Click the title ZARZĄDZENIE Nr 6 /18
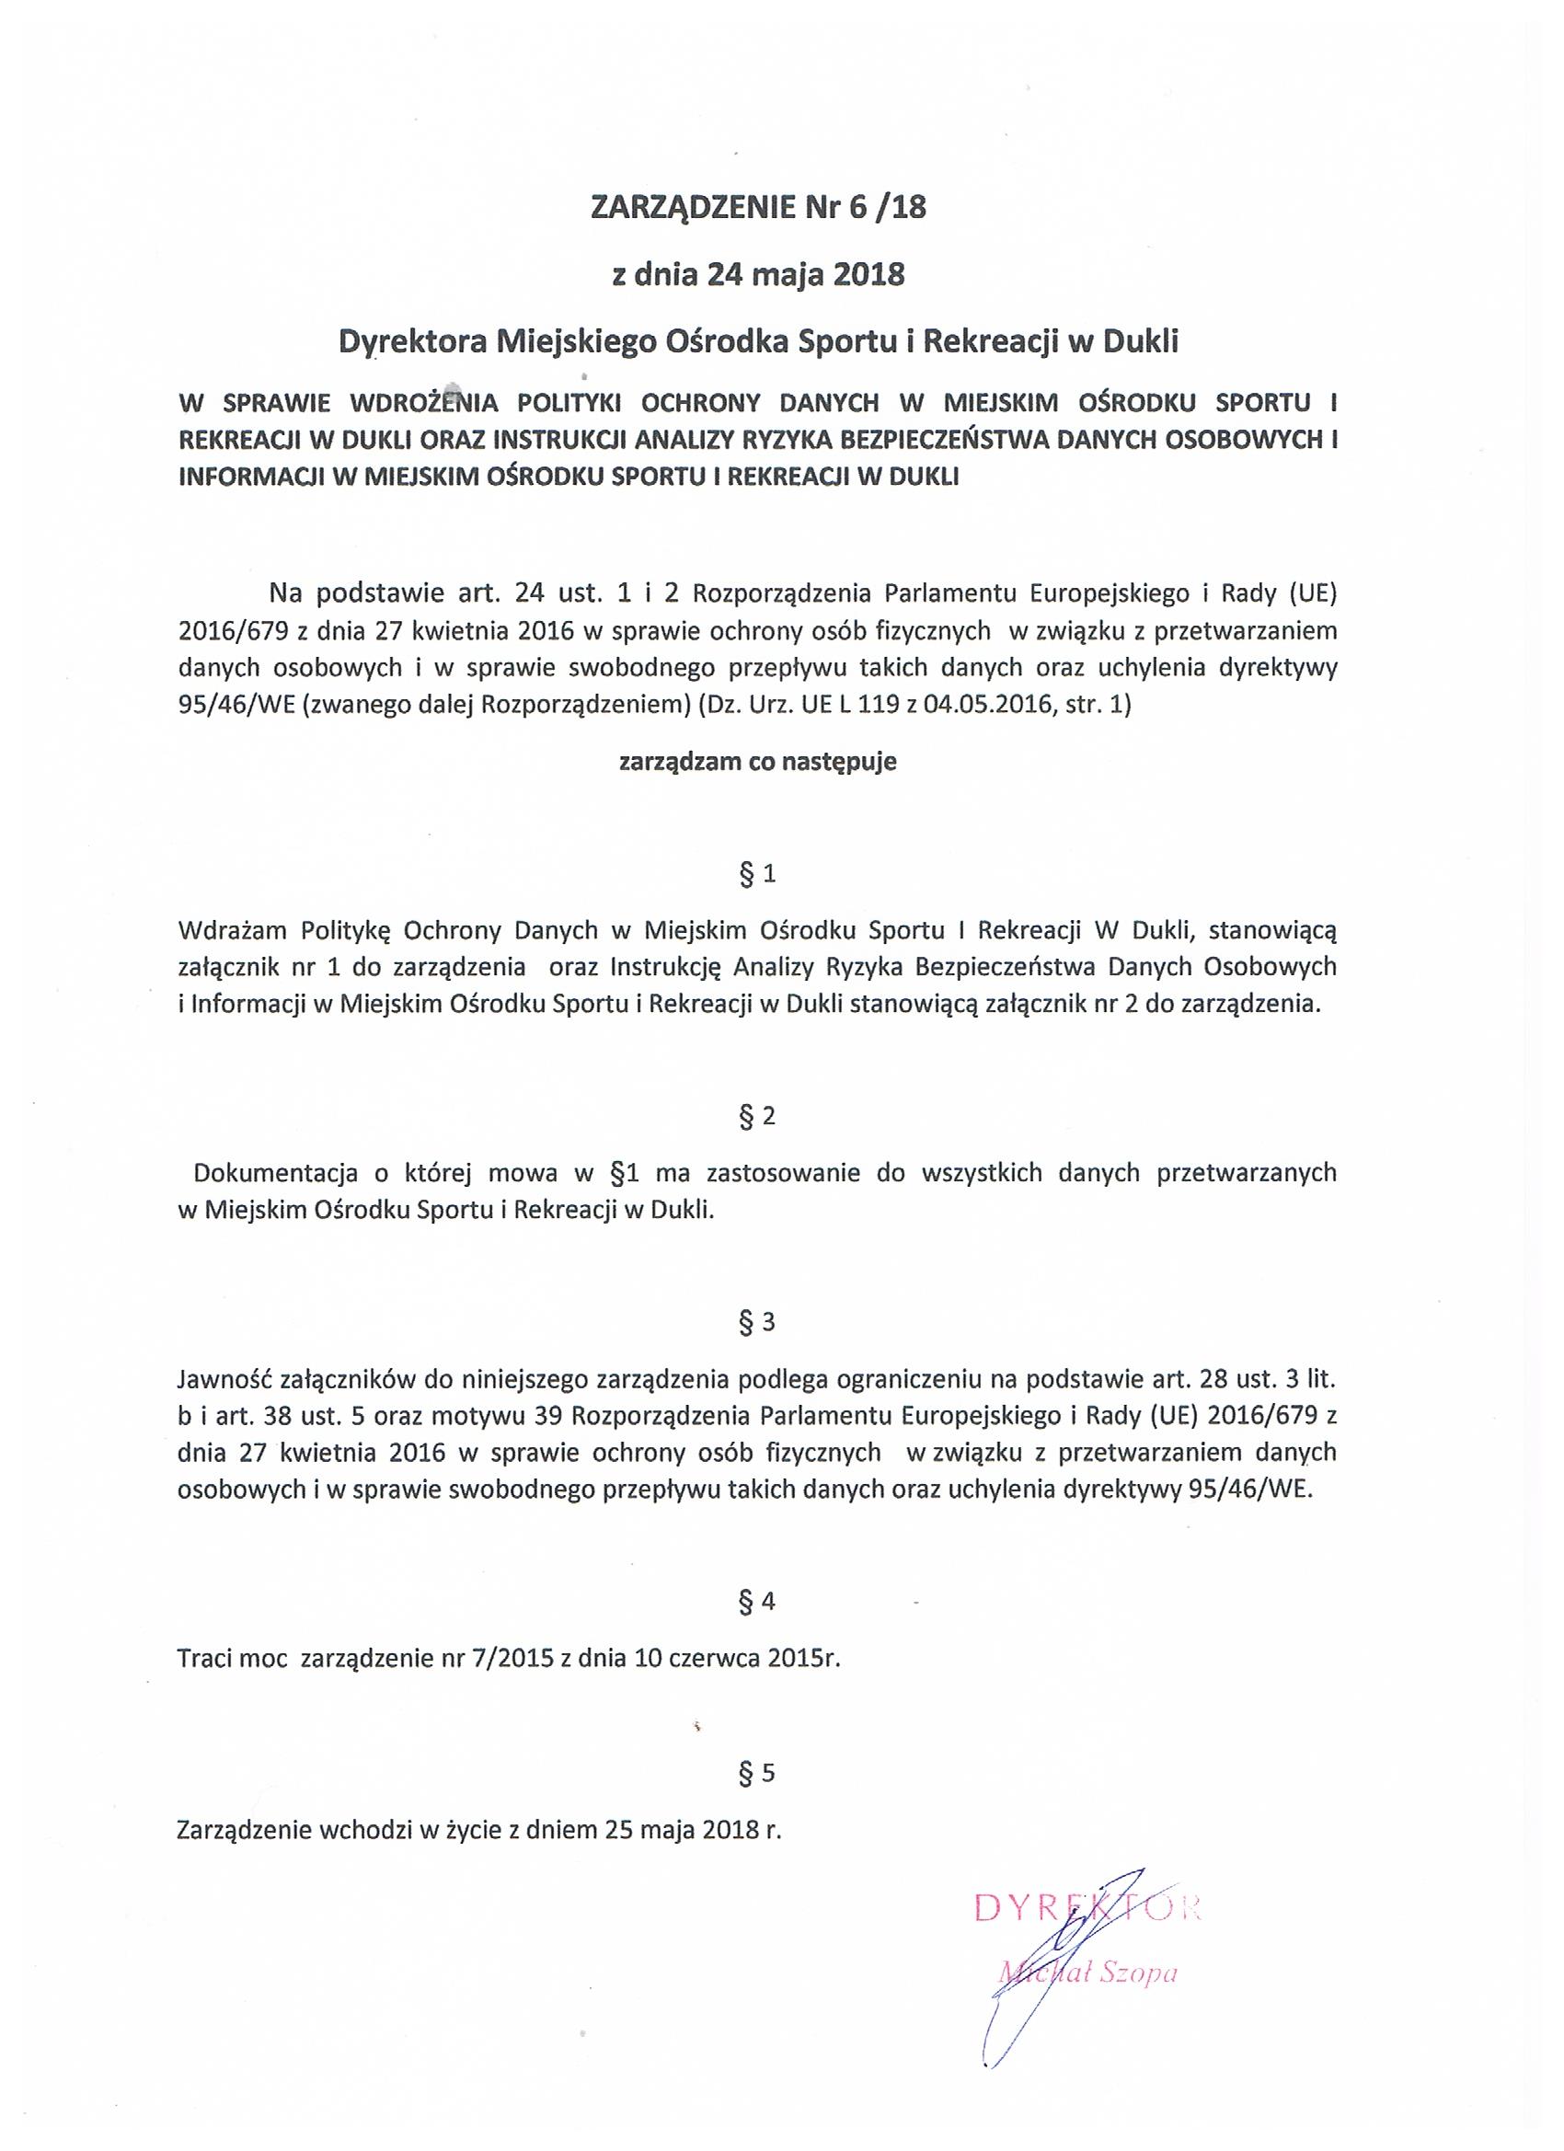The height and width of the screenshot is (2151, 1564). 758,208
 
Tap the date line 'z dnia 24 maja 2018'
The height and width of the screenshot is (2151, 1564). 758,275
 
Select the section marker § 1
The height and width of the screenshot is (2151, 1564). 757,874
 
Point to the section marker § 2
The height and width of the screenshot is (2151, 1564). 757,1116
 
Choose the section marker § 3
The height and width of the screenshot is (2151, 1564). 757,1322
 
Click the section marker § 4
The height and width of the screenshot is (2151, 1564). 757,1602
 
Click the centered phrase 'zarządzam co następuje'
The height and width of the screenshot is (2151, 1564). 758,763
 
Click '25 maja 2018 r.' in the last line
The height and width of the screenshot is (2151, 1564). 691,1830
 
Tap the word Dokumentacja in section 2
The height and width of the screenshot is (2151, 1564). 276,1173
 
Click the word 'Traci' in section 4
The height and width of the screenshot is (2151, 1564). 205,1660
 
